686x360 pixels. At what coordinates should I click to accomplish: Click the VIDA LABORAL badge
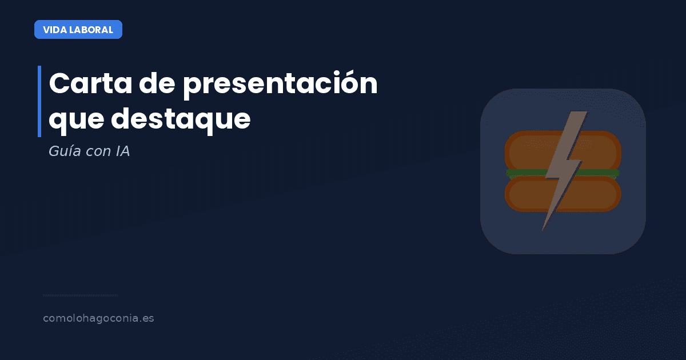[78, 30]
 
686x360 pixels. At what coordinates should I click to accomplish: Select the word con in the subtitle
[94, 153]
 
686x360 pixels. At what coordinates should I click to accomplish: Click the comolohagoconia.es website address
[98, 318]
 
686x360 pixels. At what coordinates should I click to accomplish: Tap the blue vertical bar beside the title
[39, 101]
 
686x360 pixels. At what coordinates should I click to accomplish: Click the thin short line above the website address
[80, 295]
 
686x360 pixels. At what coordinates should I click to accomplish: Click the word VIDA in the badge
[54, 30]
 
